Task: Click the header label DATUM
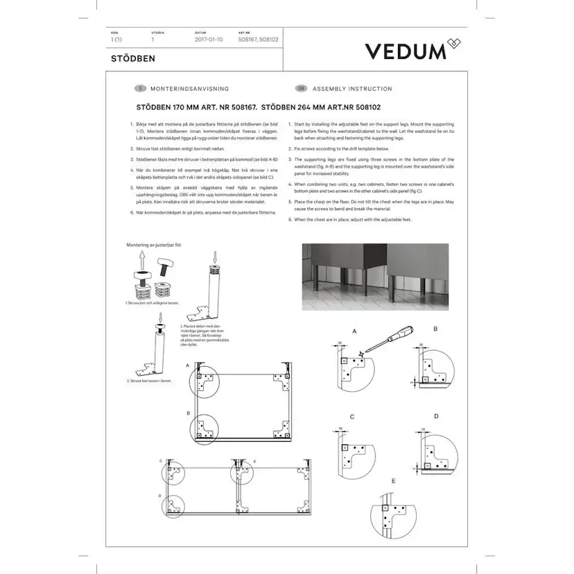pyautogui.click(x=201, y=33)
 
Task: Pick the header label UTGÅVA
pyautogui.click(x=157, y=33)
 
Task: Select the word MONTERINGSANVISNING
pyautogui.click(x=189, y=89)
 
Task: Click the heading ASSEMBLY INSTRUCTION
pyautogui.click(x=352, y=89)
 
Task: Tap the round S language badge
pyautogui.click(x=140, y=89)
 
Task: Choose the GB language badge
pyautogui.click(x=301, y=89)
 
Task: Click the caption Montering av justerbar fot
pyautogui.click(x=153, y=245)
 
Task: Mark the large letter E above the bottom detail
pyautogui.click(x=394, y=480)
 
